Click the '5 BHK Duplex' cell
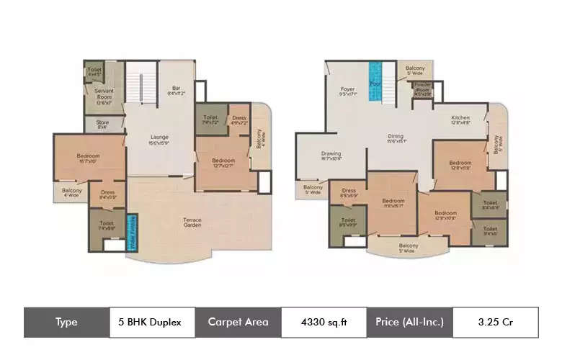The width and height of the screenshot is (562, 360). pos(153,323)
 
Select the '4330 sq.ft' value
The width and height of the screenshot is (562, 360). pos(324,323)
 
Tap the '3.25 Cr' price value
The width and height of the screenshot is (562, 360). pos(495,323)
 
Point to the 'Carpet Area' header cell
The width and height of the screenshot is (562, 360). pos(238,323)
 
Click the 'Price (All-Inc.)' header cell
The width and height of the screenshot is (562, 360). pos(409,323)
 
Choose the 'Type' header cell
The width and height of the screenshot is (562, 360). pos(66,323)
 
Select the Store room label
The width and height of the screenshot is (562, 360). pos(103,124)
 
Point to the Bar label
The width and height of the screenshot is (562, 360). pos(177,90)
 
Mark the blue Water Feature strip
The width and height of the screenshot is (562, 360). pos(132,233)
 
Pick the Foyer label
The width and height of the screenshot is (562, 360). pos(348,90)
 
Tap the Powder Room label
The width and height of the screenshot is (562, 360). pos(422,90)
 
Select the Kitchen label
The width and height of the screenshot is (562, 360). pos(460,120)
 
